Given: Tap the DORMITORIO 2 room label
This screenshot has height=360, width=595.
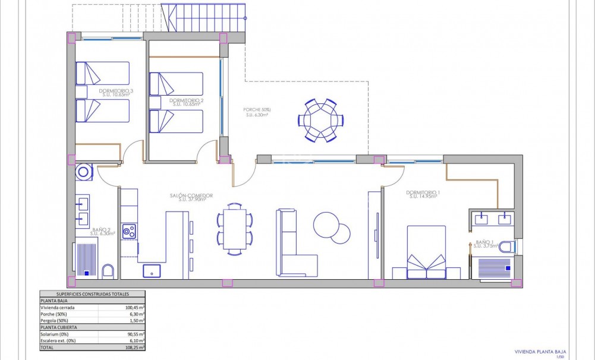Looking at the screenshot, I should click(x=186, y=100).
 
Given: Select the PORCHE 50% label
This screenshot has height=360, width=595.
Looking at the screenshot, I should click(x=257, y=110).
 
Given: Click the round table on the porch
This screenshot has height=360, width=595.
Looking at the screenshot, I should click(x=320, y=120).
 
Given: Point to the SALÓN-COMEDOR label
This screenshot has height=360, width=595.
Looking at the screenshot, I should click(x=191, y=195).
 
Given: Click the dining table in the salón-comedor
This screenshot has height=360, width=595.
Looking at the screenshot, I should click(x=235, y=229).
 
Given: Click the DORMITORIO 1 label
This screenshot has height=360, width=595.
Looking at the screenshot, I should click(x=423, y=192).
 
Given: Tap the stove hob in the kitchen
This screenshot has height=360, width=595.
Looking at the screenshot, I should click(x=129, y=230).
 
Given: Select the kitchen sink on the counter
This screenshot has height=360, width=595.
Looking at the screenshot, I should click(x=152, y=271).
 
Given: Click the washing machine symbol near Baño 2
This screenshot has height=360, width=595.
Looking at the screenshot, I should click(x=84, y=172).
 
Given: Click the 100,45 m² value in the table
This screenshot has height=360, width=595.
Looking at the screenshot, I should click(x=133, y=308).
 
